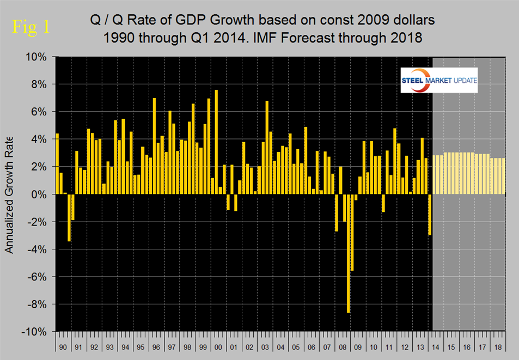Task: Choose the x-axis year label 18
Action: [498, 347]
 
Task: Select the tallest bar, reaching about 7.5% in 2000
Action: [216, 142]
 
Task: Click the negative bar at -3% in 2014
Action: [430, 215]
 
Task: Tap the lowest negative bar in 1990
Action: [69, 217]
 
